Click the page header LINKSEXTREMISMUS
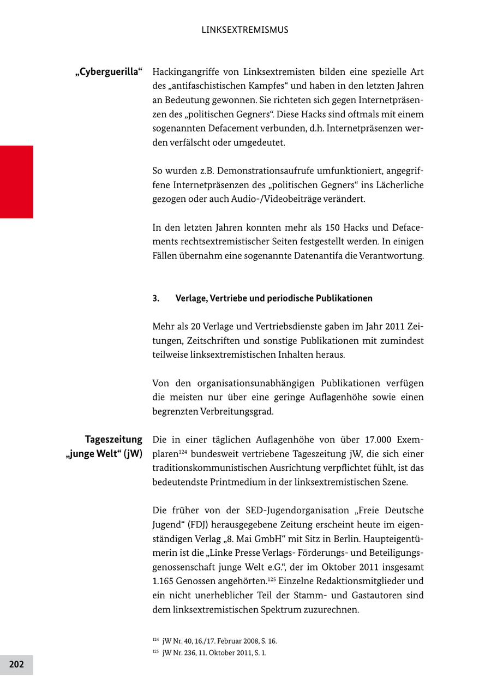245,30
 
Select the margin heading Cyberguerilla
109,72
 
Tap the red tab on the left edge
16,182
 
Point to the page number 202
16,664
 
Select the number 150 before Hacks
332,227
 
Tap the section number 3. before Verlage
156,298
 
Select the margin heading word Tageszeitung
113,440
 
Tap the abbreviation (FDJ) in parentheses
200,525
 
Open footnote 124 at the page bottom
214,641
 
